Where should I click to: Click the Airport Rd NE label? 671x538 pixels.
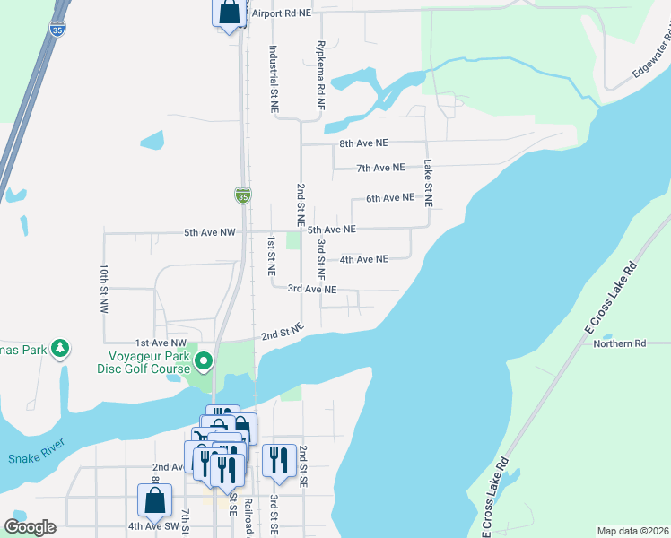[283, 13]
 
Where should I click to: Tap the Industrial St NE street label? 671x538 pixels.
[274, 79]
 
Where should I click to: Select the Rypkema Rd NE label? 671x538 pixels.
[319, 75]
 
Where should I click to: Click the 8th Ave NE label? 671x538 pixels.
[363, 143]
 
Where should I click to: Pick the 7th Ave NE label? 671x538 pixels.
[380, 168]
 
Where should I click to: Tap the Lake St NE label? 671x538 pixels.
[428, 184]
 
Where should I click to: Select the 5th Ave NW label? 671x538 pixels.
[210, 233]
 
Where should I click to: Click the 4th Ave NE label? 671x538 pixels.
[363, 259]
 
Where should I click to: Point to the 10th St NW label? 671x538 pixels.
[104, 287]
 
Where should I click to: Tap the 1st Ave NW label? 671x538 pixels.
[161, 343]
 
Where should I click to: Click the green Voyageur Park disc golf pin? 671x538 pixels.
[204, 361]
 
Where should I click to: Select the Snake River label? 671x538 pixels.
[35, 459]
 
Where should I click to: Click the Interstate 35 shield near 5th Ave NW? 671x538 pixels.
[243, 195]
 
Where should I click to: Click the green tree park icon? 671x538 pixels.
[60, 348]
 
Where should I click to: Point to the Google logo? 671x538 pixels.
[30, 527]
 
